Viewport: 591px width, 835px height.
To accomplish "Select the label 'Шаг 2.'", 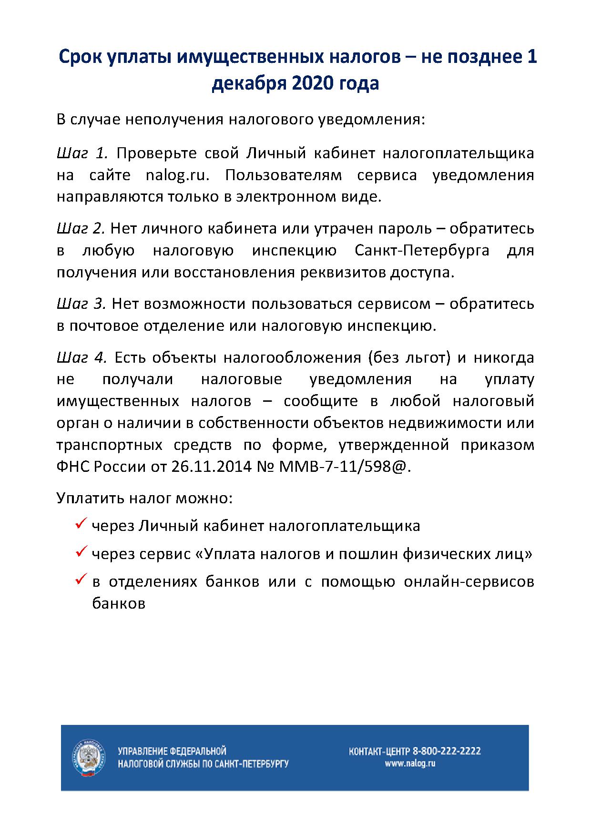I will (x=81, y=229).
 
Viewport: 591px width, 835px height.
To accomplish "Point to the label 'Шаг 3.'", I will (x=81, y=304).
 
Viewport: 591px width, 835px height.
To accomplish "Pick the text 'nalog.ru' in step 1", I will (x=177, y=175).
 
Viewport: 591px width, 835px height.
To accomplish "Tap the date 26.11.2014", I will (x=210, y=467).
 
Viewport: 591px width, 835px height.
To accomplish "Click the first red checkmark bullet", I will (x=81, y=524).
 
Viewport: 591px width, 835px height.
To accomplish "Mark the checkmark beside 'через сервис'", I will (x=81, y=552).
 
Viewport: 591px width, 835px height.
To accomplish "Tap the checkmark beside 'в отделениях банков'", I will (x=81, y=580).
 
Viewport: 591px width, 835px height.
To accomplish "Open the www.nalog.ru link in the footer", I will (x=410, y=764).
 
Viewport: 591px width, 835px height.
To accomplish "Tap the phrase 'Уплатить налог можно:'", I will (x=144, y=499).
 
